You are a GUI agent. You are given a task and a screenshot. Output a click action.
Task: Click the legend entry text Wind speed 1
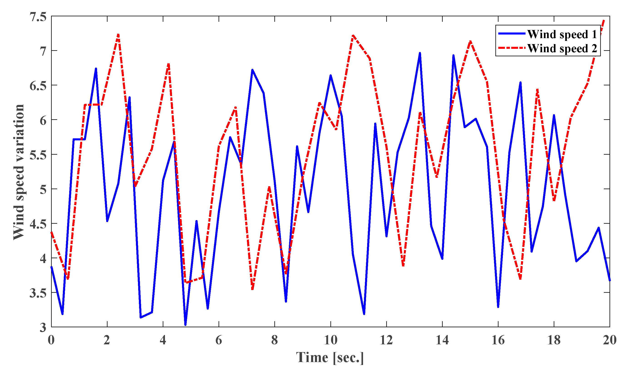click(562, 34)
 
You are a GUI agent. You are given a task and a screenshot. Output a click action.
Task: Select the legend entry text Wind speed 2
click(562, 48)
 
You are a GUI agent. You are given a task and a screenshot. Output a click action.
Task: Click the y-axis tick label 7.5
click(38, 17)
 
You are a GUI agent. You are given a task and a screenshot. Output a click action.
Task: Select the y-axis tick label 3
click(43, 328)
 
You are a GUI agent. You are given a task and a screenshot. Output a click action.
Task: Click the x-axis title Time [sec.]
click(330, 358)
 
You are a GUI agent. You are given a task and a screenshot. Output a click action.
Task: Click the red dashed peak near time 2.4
click(118, 35)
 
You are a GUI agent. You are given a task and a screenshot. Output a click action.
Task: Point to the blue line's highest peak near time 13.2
click(420, 53)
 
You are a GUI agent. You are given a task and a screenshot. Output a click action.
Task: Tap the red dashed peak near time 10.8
click(353, 36)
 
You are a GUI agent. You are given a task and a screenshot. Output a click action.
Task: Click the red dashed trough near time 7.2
click(252, 289)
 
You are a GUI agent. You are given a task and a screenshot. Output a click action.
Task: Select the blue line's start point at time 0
click(52, 267)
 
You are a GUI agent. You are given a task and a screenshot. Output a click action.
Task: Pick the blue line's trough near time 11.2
click(364, 314)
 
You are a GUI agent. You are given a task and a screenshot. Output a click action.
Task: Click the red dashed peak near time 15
click(470, 41)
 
